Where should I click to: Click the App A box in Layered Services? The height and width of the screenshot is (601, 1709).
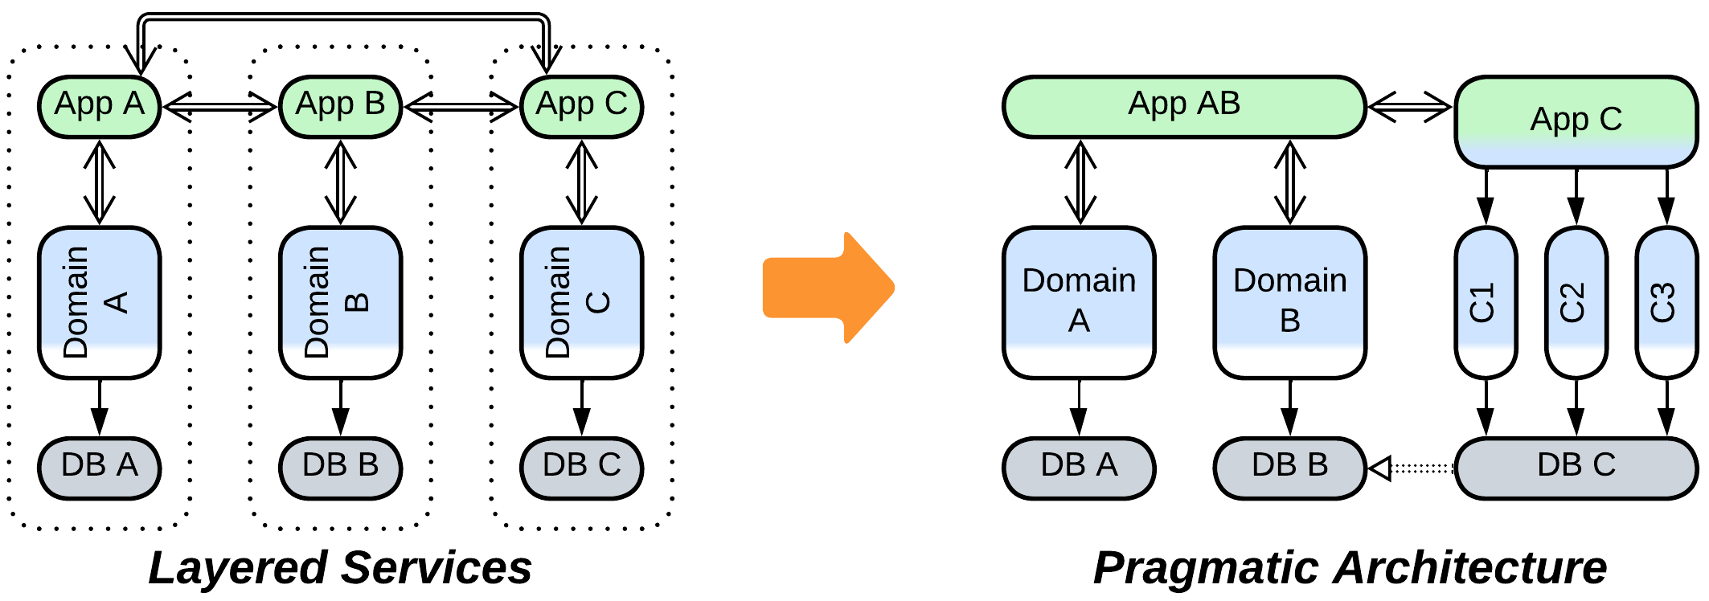[100, 107]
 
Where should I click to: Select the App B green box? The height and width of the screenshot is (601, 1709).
[340, 107]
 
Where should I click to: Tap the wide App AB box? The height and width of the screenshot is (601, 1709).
[1184, 107]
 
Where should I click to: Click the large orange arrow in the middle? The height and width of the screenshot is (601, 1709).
[828, 288]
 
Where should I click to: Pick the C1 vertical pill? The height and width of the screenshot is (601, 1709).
[1486, 303]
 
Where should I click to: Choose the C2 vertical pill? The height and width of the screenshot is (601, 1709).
[1576, 303]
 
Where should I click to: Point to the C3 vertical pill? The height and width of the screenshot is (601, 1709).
[1666, 303]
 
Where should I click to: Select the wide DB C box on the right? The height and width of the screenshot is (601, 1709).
[1576, 468]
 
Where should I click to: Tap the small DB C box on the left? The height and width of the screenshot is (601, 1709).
[581, 468]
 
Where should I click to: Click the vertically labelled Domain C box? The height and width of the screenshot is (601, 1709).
[581, 303]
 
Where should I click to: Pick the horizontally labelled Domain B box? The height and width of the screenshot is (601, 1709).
[1289, 303]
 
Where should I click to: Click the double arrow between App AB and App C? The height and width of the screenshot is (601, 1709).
[1410, 106]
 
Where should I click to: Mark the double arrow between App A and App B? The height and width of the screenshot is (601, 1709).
[219, 106]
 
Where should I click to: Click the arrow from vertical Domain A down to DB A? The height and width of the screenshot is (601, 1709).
[100, 408]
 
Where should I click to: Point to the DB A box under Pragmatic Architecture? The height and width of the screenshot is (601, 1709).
[1079, 468]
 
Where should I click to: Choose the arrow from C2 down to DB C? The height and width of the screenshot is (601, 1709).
[1576, 408]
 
